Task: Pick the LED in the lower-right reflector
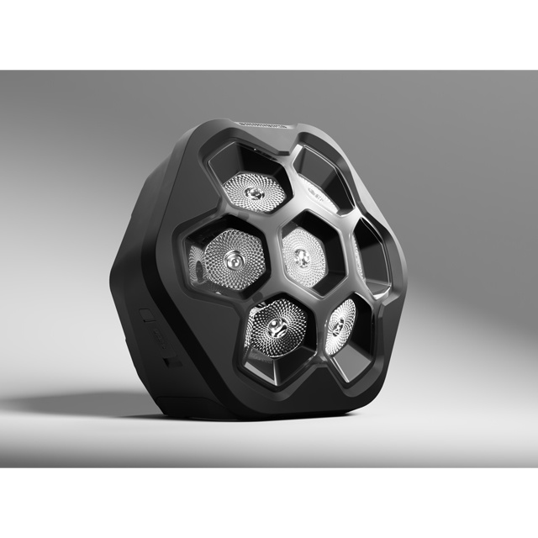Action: tap(340, 320)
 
